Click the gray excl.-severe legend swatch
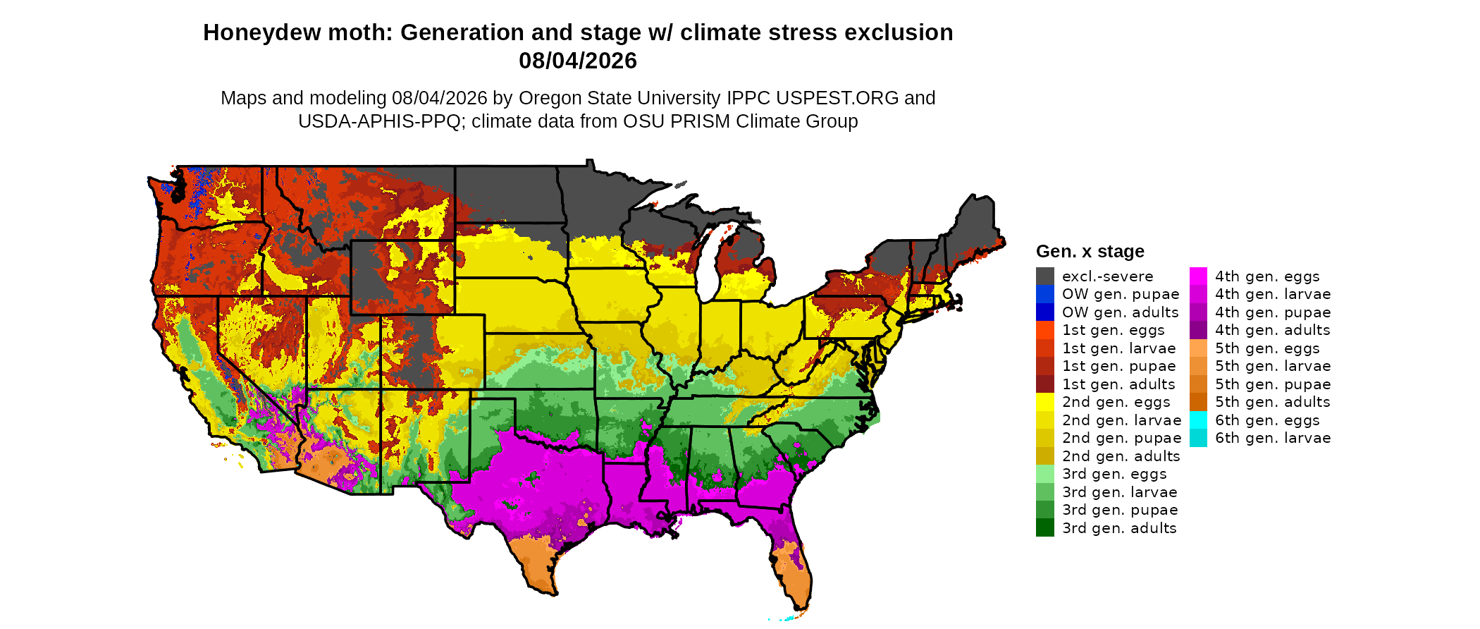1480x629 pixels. click(1045, 276)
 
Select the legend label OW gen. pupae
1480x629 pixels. click(1121, 294)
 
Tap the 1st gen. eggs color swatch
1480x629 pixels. click(1045, 330)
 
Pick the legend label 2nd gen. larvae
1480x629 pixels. click(1121, 420)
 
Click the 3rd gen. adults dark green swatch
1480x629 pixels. click(1045, 527)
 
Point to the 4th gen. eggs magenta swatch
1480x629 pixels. click(1198, 276)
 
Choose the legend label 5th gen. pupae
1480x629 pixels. click(1273, 384)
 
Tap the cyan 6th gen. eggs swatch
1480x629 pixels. click(1198, 420)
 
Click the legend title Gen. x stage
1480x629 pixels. click(1090, 251)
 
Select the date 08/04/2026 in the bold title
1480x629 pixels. click(578, 61)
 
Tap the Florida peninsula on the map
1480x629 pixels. click(793, 564)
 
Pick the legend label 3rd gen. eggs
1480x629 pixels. click(1114, 474)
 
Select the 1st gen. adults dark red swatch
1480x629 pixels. click(1045, 384)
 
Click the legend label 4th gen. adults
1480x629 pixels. click(1272, 330)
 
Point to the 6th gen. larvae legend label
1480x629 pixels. click(1273, 438)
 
